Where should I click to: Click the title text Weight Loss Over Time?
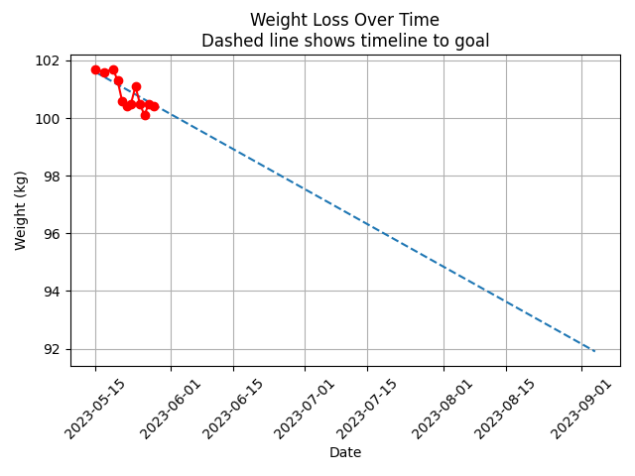[344, 20]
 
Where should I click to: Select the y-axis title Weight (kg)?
[21, 210]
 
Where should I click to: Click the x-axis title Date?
[344, 452]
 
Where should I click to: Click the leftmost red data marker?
[95, 69]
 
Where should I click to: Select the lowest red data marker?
[145, 115]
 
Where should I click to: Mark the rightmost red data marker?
[154, 106]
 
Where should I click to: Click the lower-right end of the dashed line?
[594, 351]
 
